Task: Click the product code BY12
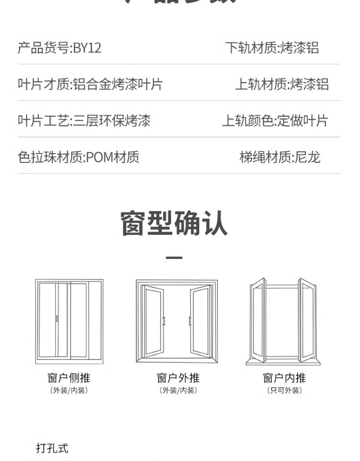[87, 48]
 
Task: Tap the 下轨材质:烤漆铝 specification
[272, 48]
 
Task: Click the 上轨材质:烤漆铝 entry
[281, 85]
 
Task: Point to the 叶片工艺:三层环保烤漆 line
[84, 121]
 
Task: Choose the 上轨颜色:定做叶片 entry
[275, 121]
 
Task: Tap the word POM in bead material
[99, 157]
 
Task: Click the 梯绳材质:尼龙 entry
[280, 157]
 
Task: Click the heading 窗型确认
[174, 223]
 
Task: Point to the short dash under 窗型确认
[174, 258]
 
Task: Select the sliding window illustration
[69, 321]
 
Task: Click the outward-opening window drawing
[177, 321]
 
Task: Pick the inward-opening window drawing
[283, 321]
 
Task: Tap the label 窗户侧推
[69, 378]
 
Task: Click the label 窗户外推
[178, 378]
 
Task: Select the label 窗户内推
[284, 378]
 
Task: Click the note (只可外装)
[284, 390]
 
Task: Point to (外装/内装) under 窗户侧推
[69, 390]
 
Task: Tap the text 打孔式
[52, 448]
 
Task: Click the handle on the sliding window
[57, 318]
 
